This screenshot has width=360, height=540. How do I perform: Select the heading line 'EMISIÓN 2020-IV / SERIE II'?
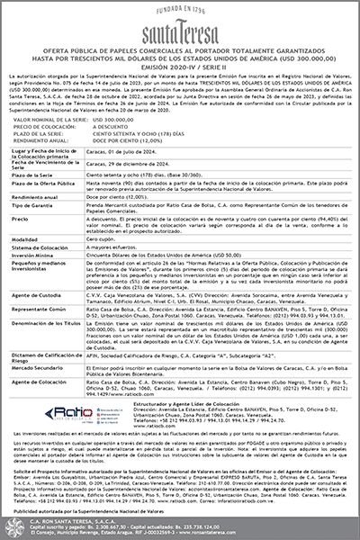(180, 72)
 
